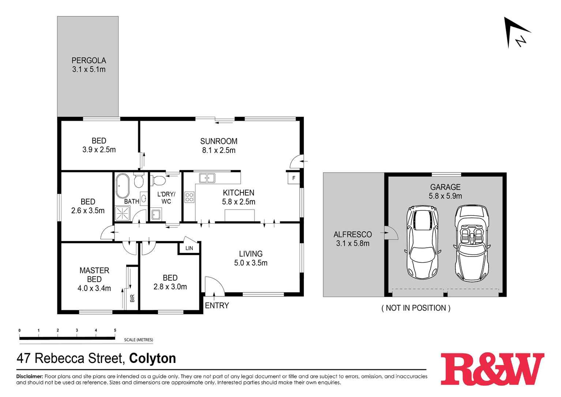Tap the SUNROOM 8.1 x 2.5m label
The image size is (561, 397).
pyautogui.click(x=219, y=146)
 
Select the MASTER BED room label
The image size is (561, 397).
pyautogui.click(x=94, y=279)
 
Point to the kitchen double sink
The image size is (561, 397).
pyautogui.click(x=207, y=178)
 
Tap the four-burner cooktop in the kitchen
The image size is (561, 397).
pyautogui.click(x=189, y=197)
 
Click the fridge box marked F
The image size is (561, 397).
pyautogui.click(x=293, y=179)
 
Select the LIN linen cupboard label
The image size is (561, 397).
pyautogui.click(x=189, y=248)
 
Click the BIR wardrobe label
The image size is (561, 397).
pyautogui.click(x=132, y=298)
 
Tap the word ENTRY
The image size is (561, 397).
pyautogui.click(x=217, y=305)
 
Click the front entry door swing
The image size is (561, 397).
pyautogui.click(x=214, y=286)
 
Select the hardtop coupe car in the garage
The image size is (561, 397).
pyautogui.click(x=422, y=243)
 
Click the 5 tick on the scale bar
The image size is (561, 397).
pyautogui.click(x=115, y=330)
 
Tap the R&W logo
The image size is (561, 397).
pyautogui.click(x=492, y=369)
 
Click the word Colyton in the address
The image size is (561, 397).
pyautogui.click(x=153, y=358)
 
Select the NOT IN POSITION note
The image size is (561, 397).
pyautogui.click(x=416, y=308)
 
